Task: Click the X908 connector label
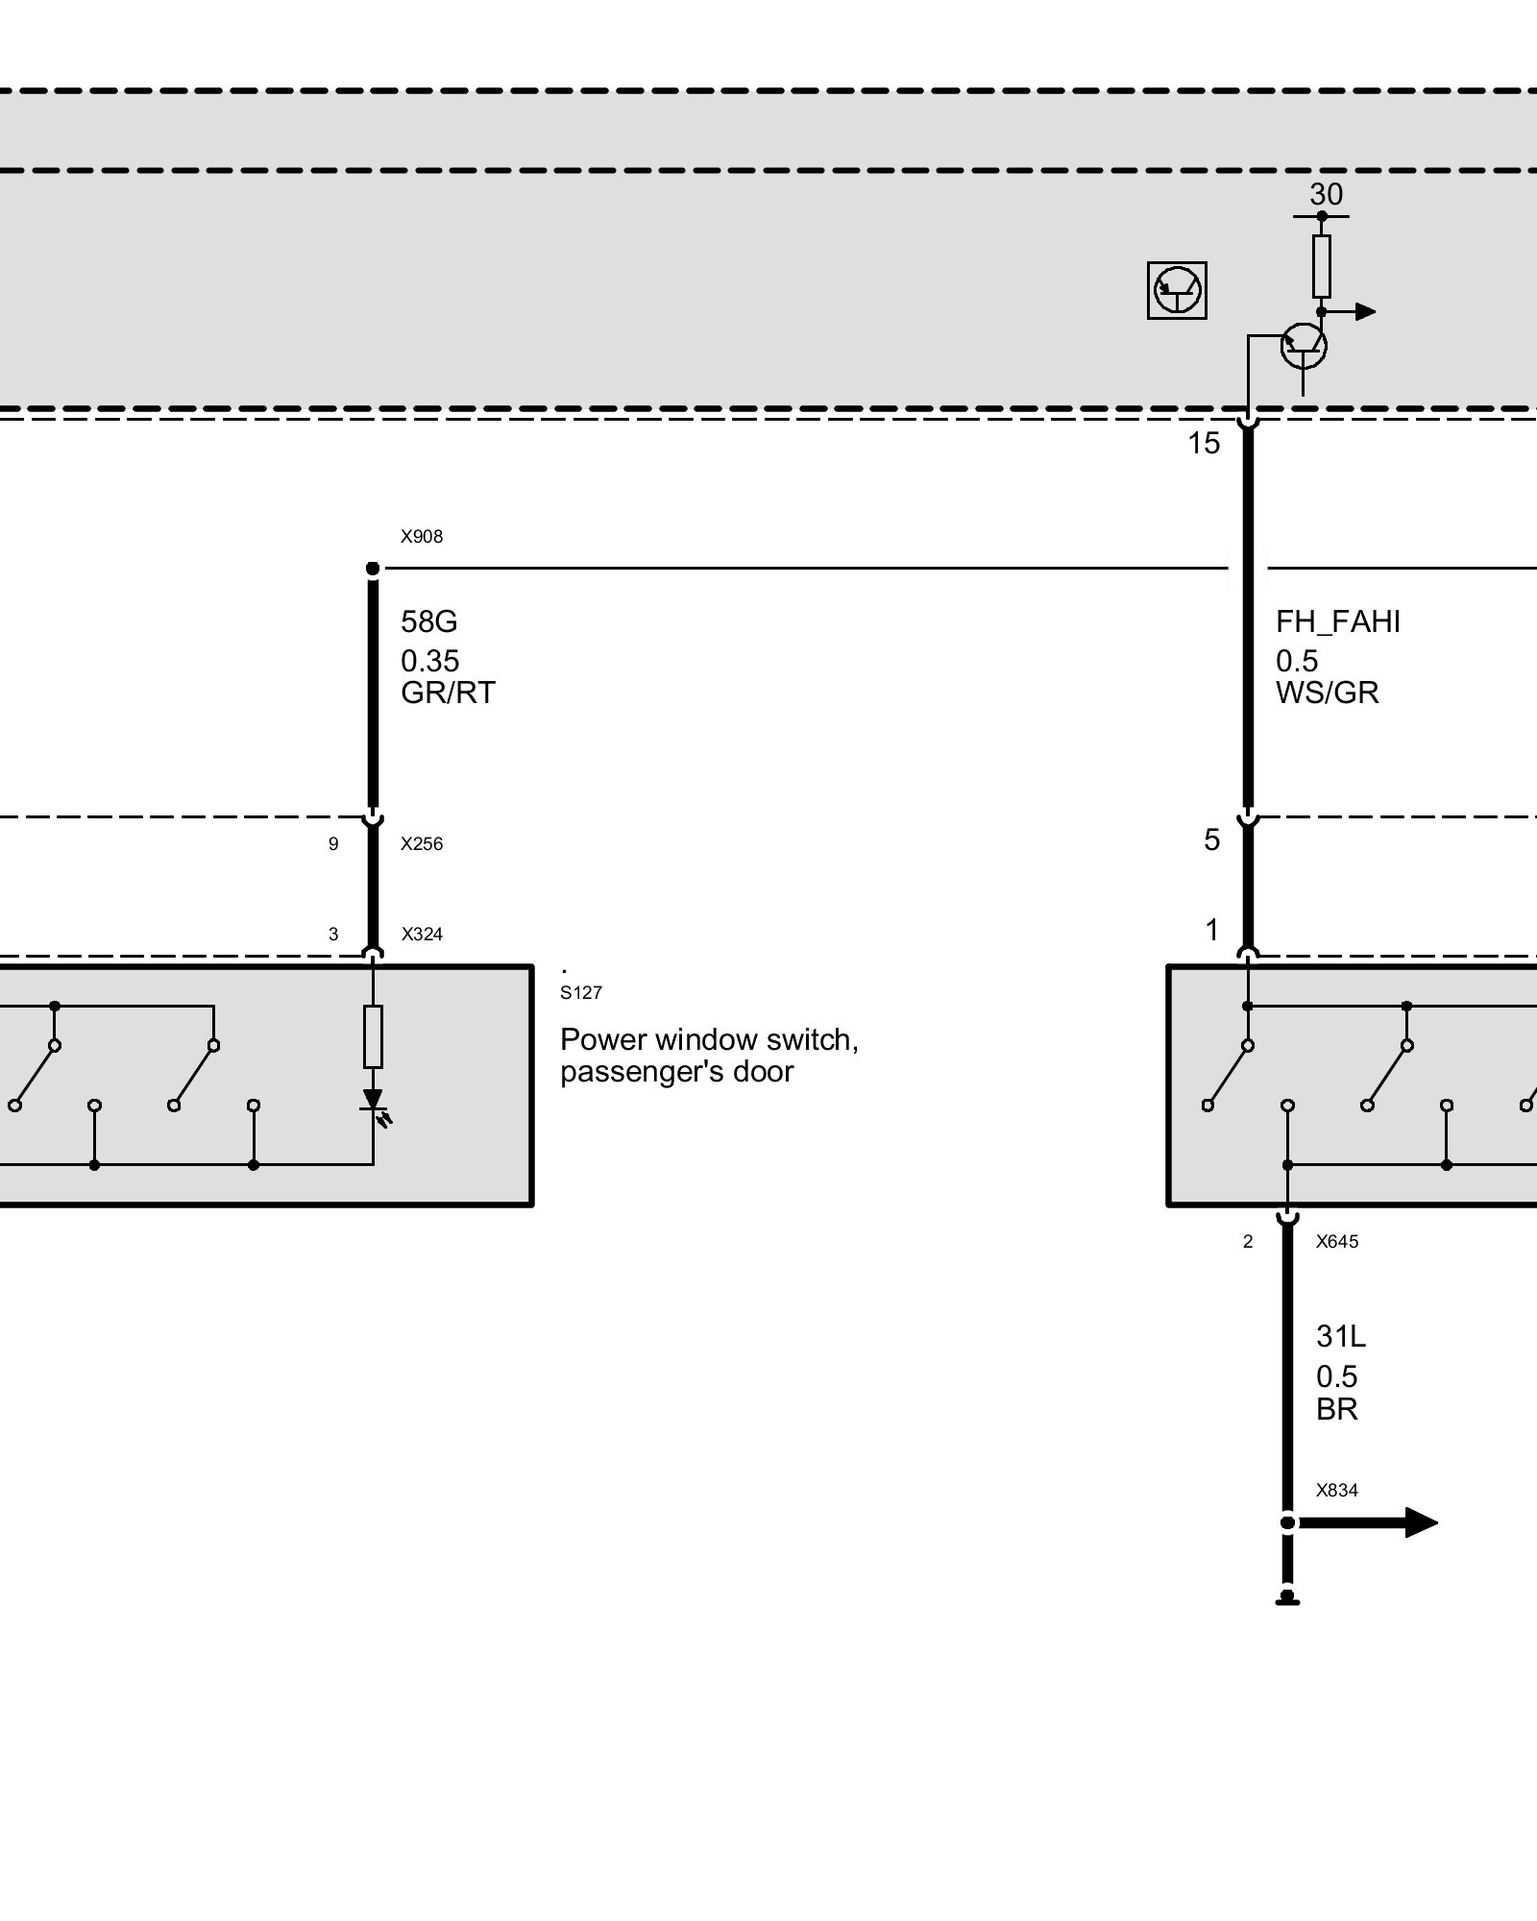click(422, 537)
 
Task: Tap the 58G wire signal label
click(429, 621)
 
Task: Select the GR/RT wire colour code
click(448, 693)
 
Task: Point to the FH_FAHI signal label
click(1337, 621)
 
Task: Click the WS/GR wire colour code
click(1327, 693)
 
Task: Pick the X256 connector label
click(422, 844)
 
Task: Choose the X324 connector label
click(422, 934)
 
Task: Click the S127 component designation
click(581, 993)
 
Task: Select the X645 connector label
click(1337, 1242)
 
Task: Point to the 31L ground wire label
click(1340, 1336)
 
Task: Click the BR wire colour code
click(1336, 1409)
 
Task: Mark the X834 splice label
click(1337, 1491)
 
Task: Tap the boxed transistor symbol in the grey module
click(1177, 290)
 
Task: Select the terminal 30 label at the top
click(1326, 195)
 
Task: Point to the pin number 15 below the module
click(1204, 444)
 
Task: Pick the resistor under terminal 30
click(1322, 266)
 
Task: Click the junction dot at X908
click(373, 569)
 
